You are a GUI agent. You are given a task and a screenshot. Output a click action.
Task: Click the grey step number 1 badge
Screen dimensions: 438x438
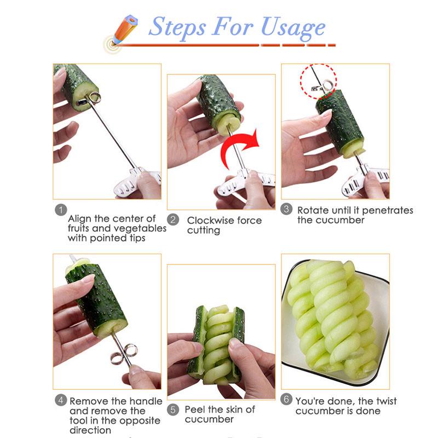point(61,210)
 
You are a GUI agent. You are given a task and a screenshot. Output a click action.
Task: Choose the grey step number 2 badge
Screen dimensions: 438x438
point(173,220)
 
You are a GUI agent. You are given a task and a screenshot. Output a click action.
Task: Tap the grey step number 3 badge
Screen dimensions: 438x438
point(286,209)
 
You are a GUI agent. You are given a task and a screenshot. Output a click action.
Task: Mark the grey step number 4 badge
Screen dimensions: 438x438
point(61,400)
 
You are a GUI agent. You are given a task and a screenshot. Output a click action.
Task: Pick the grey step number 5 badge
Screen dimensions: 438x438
point(173,410)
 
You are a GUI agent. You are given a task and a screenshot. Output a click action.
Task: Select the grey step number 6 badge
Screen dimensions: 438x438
point(286,399)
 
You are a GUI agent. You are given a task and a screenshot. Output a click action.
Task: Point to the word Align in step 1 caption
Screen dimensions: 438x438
point(80,218)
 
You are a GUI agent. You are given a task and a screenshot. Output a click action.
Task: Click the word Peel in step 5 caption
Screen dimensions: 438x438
point(195,410)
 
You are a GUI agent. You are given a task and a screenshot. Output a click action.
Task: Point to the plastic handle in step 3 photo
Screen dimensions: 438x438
point(365,180)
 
